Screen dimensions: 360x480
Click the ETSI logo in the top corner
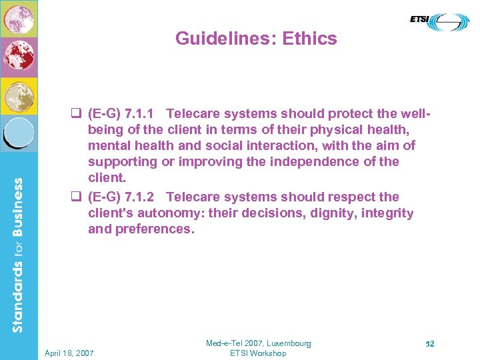(x=439, y=21)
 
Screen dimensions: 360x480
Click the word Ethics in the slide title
(x=310, y=39)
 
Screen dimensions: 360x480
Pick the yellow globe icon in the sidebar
(x=19, y=95)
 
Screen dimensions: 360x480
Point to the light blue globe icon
(x=19, y=132)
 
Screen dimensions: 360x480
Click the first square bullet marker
(x=75, y=113)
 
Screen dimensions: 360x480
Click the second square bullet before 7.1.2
(x=75, y=197)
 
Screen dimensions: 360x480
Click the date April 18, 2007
(x=69, y=353)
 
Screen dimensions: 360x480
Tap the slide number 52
(x=430, y=344)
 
